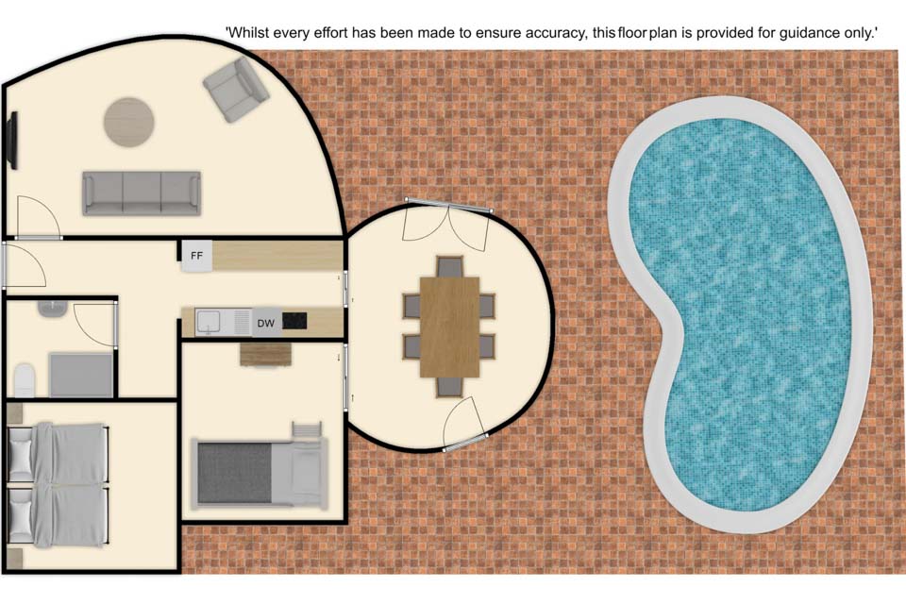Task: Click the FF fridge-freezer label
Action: (196, 256)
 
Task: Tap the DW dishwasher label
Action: (266, 323)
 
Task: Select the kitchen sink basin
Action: (207, 322)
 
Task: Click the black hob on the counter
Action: (294, 320)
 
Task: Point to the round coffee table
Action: (129, 122)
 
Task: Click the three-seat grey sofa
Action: (142, 193)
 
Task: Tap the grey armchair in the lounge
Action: (236, 89)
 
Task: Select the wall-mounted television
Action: (12, 141)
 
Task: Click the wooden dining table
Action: (449, 327)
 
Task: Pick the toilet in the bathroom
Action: (25, 379)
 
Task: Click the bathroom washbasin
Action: (53, 308)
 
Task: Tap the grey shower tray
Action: (81, 375)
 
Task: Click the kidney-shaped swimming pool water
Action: (740, 312)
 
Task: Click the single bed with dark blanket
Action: (260, 472)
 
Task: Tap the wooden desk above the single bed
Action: (266, 354)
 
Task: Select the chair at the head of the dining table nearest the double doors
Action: (449, 267)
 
